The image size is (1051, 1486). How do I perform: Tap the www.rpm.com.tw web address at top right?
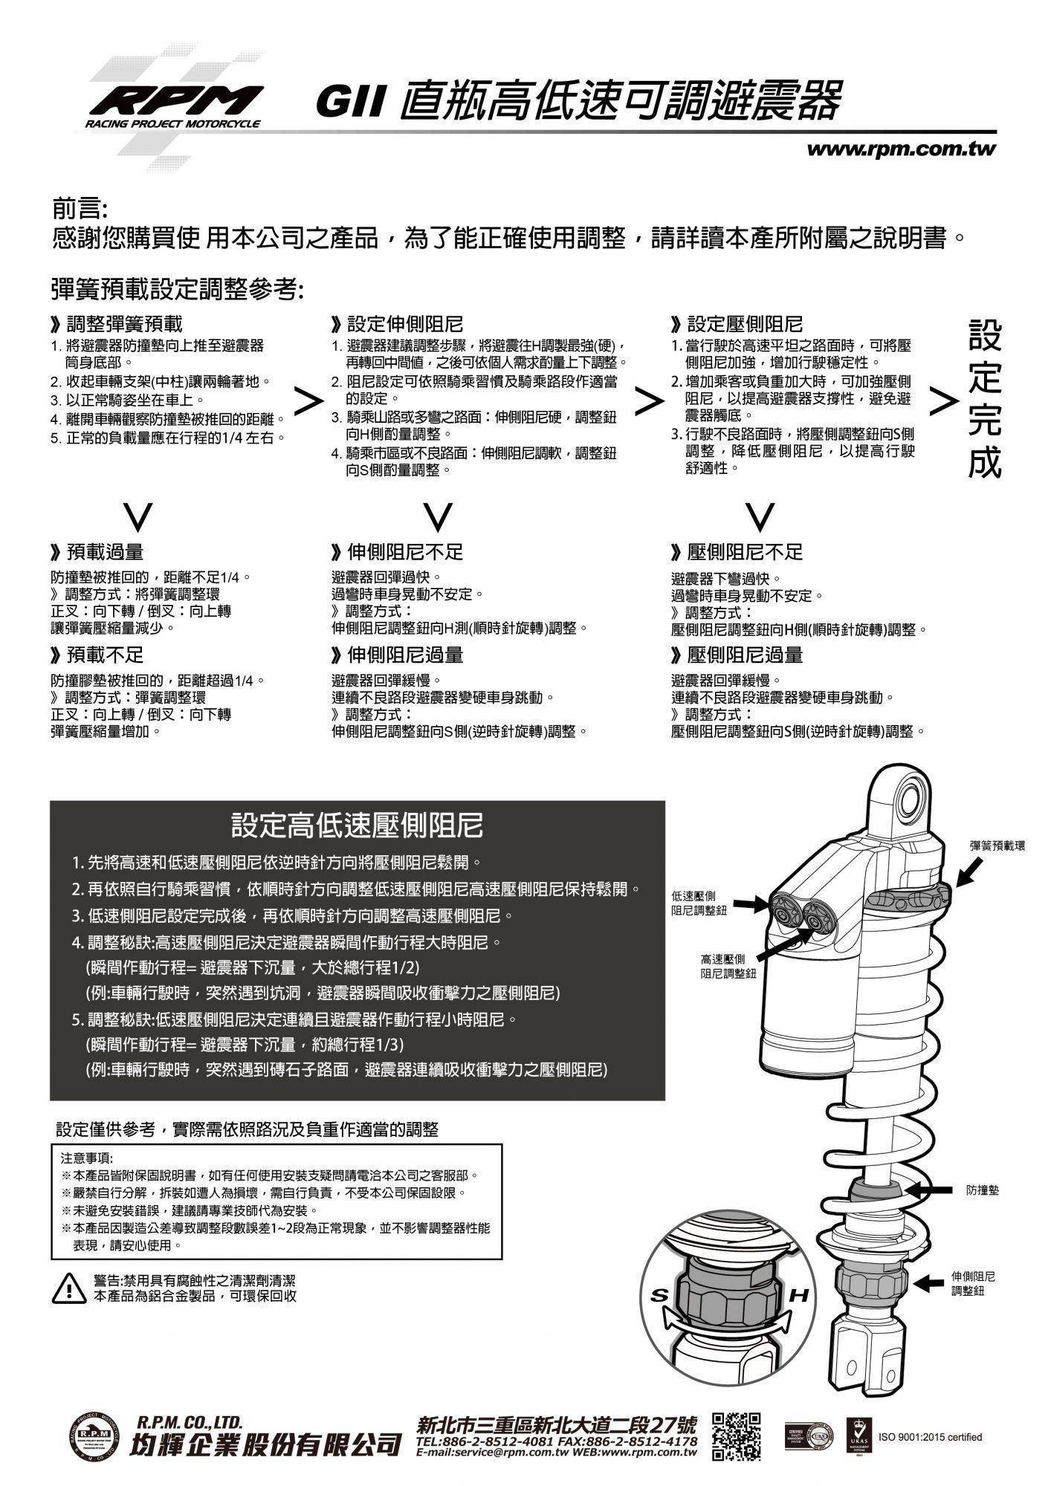901,149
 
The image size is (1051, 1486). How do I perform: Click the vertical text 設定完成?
985,399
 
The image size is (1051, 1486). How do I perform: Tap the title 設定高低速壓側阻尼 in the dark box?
358,825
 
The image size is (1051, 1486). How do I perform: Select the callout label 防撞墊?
983,1190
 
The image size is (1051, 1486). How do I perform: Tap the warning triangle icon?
68,1288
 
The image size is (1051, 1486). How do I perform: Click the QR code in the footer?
736,1435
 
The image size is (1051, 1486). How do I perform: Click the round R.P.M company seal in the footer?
94,1435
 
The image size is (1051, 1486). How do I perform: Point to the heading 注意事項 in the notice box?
86,1158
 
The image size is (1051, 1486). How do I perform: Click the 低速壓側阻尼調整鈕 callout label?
699,903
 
